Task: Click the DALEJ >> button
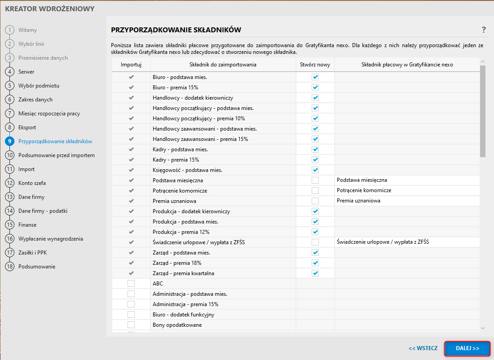(x=467, y=348)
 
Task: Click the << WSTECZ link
(x=423, y=348)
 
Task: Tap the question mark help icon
(x=484, y=30)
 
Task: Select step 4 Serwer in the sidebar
(x=26, y=72)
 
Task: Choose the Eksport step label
(x=27, y=127)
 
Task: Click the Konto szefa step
(x=32, y=183)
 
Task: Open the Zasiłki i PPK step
(x=32, y=253)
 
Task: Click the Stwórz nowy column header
(x=315, y=65)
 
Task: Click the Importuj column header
(x=131, y=65)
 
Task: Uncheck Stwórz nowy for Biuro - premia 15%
(x=315, y=88)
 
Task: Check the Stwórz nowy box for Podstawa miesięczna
(x=315, y=180)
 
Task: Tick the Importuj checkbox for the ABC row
(x=131, y=284)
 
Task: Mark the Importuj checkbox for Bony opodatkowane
(x=131, y=325)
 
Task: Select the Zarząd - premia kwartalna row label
(x=183, y=273)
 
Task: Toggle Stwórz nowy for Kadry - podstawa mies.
(x=315, y=149)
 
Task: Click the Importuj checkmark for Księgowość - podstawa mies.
(x=131, y=170)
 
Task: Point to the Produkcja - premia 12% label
(x=181, y=232)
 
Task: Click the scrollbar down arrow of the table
(x=483, y=328)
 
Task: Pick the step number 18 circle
(x=9, y=267)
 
